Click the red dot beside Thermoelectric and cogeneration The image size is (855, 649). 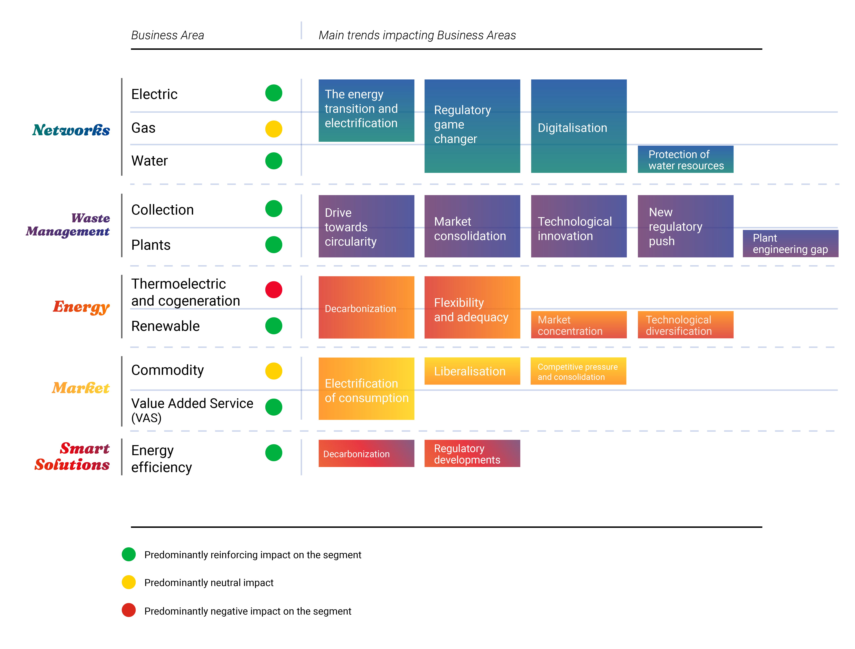274,290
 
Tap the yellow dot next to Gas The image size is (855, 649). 274,129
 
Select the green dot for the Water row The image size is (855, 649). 274,161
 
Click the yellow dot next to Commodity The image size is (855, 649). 274,371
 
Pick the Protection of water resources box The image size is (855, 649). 685,159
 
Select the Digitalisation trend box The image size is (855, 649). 579,126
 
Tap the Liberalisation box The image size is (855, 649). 472,371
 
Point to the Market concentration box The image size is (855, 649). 579,325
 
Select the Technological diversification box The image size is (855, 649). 685,325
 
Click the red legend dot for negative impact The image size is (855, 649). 129,610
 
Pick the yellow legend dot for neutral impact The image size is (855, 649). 129,582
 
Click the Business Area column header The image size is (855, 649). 167,35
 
